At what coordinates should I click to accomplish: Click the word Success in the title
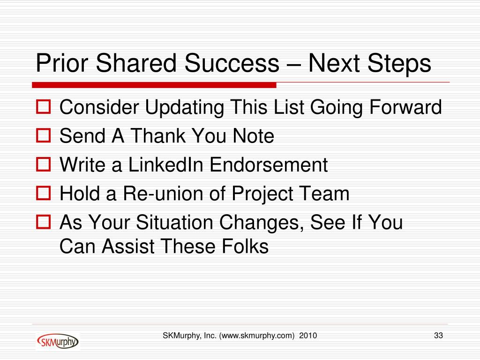pyautogui.click(x=232, y=63)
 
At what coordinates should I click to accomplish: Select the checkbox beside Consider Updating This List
pyautogui.click(x=43, y=107)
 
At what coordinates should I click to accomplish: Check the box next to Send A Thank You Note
pyautogui.click(x=43, y=135)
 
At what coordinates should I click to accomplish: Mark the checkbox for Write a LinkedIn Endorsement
pyautogui.click(x=43, y=164)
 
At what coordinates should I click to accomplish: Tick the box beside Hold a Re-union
pyautogui.click(x=43, y=193)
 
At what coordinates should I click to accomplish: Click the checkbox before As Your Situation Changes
pyautogui.click(x=43, y=222)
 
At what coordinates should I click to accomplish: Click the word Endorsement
pyautogui.click(x=269, y=165)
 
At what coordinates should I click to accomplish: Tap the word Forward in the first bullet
pyautogui.click(x=405, y=107)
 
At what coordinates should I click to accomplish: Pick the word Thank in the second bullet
pyautogui.click(x=158, y=135)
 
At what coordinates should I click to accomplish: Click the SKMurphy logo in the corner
pyautogui.click(x=58, y=341)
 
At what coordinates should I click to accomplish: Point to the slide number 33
pyautogui.click(x=438, y=336)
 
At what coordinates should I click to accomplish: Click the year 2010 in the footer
pyautogui.click(x=308, y=336)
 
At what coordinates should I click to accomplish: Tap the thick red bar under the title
pyautogui.click(x=154, y=85)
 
